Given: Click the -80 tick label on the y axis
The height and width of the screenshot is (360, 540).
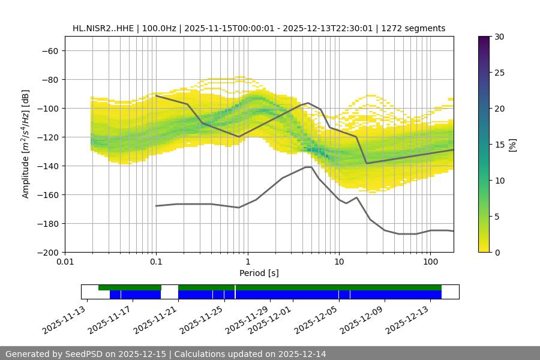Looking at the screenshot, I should pyautogui.click(x=50, y=79).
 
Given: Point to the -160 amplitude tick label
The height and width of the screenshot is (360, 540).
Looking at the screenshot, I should pyautogui.click(x=48, y=194).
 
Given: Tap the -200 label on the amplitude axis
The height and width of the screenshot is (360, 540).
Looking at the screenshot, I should pyautogui.click(x=48, y=252).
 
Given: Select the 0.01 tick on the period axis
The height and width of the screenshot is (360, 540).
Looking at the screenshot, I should pyautogui.click(x=65, y=262).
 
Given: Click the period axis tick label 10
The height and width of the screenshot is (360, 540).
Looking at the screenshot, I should pyautogui.click(x=339, y=262).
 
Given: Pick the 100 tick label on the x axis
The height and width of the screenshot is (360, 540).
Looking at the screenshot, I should pyautogui.click(x=430, y=262).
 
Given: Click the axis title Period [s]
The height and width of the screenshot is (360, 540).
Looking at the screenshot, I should pyautogui.click(x=259, y=273).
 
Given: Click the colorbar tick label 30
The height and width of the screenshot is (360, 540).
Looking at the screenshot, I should pyautogui.click(x=499, y=37).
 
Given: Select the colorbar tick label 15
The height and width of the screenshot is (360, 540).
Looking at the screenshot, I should pyautogui.click(x=499, y=145).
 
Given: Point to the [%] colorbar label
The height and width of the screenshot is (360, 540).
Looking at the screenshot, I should pyautogui.click(x=512, y=145).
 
